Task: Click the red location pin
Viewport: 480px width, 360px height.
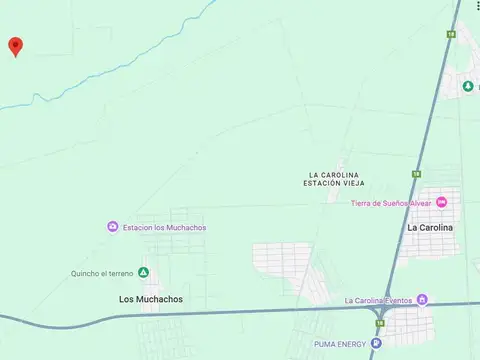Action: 15,46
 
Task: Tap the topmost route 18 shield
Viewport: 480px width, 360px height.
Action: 452,34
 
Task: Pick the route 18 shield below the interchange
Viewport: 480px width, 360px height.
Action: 380,322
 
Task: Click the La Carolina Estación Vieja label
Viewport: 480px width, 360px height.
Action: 334,180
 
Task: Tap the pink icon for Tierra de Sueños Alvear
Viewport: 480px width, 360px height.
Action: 442,203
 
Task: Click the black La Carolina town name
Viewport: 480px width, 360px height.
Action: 430,227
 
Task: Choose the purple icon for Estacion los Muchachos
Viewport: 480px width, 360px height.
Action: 113,227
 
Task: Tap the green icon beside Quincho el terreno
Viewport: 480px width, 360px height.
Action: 143,273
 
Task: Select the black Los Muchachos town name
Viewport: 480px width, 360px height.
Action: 150,299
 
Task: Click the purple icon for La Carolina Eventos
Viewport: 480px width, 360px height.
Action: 422,299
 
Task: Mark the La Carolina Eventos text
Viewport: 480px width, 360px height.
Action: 379,300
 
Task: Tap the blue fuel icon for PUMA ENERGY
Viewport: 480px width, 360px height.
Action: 376,344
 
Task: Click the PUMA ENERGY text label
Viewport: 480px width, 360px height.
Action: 335,345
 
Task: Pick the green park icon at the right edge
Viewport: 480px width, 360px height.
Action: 468,87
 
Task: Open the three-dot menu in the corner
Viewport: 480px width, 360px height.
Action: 477,6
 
